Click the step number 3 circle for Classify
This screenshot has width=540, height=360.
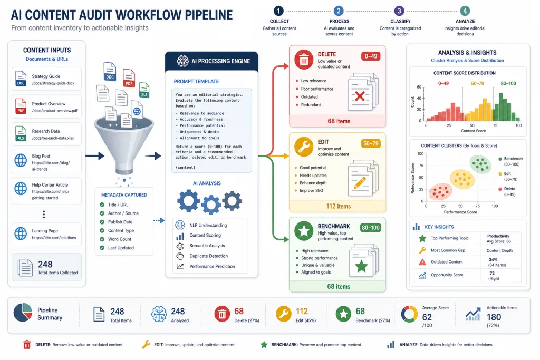click(x=399, y=11)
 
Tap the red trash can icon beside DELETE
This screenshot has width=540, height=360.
click(x=304, y=60)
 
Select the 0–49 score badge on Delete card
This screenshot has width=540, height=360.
click(x=371, y=56)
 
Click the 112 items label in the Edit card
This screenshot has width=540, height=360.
click(x=339, y=206)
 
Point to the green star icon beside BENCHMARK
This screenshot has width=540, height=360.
click(x=304, y=230)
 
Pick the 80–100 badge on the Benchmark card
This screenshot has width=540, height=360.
click(x=371, y=228)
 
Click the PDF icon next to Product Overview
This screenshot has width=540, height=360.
click(x=21, y=106)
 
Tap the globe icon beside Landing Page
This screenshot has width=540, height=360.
click(x=21, y=233)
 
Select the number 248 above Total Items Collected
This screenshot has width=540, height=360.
click(x=45, y=264)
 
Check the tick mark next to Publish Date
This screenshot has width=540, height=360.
click(x=102, y=222)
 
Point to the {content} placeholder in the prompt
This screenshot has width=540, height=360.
click(x=185, y=167)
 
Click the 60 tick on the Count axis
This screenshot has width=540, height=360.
click(x=419, y=87)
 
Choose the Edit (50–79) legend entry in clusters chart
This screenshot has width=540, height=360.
click(x=508, y=176)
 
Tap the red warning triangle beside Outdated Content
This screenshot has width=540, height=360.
click(x=422, y=262)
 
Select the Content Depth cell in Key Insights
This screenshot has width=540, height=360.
click(x=499, y=250)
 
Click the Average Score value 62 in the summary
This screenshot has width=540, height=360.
click(x=427, y=317)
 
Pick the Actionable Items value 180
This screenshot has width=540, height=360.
click(x=494, y=317)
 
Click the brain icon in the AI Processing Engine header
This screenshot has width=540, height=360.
click(x=182, y=61)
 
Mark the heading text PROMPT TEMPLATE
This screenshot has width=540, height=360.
click(x=196, y=82)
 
